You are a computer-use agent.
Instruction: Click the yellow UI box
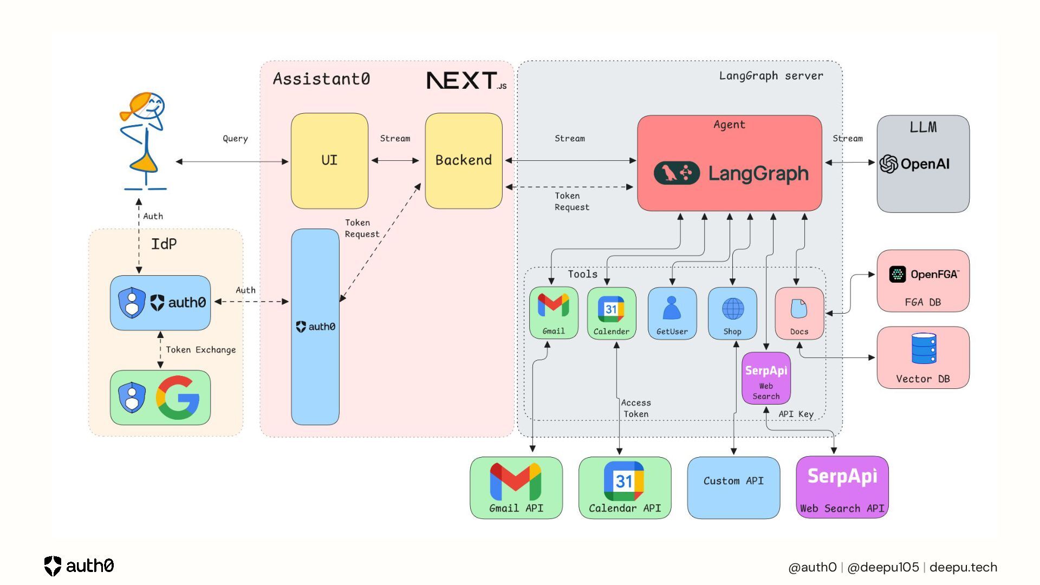pos(329,160)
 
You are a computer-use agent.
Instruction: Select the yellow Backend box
pos(464,160)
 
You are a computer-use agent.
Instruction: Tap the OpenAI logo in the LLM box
pos(888,164)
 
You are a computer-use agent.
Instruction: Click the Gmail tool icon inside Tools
pos(553,306)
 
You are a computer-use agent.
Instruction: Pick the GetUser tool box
pos(672,313)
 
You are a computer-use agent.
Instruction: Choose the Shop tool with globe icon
pos(732,313)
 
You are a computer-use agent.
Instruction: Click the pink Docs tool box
pos(799,313)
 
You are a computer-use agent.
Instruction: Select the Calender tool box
pos(612,313)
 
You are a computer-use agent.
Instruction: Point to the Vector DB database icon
pos(924,348)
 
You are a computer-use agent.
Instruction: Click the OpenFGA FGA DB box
pos(923,281)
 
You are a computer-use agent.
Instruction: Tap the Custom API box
pos(733,487)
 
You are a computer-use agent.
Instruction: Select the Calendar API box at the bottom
pos(625,487)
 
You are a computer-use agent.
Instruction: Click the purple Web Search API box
pos(842,487)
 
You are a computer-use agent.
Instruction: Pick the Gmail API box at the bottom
pos(516,487)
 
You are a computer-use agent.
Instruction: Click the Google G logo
pos(178,398)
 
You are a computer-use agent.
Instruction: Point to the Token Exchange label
pos(201,350)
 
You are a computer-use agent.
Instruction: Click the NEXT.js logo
pos(466,81)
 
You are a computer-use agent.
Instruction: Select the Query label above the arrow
pos(235,139)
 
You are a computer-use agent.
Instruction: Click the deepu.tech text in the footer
pos(963,567)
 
